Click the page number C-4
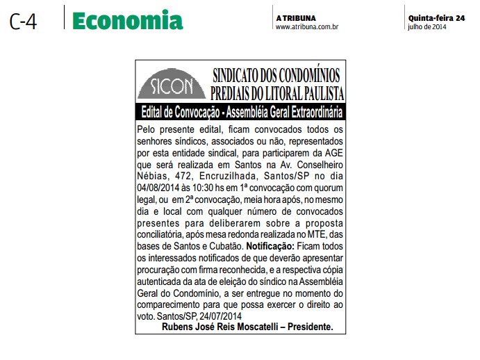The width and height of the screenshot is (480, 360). pyautogui.click(x=23, y=22)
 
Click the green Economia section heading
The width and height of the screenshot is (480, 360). pyautogui.click(x=128, y=21)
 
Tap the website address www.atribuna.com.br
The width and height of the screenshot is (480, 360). pyautogui.click(x=307, y=27)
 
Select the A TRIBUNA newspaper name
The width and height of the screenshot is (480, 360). pyautogui.click(x=296, y=17)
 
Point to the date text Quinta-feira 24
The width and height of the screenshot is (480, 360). pyautogui.click(x=437, y=17)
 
